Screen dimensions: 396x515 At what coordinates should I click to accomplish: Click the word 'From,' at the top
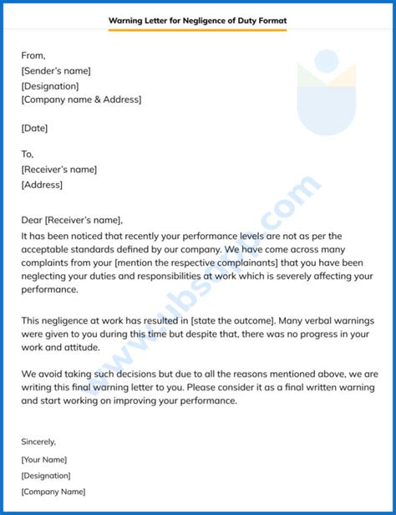pyautogui.click(x=34, y=56)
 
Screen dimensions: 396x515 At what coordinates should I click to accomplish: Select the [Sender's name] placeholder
pyautogui.click(x=57, y=70)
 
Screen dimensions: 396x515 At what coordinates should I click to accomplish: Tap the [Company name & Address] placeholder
pyautogui.click(x=82, y=99)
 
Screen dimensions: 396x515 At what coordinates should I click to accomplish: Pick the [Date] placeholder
pyautogui.click(x=35, y=128)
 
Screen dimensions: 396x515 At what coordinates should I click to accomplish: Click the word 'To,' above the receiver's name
pyautogui.click(x=28, y=155)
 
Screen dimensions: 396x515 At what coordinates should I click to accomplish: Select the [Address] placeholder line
pyautogui.click(x=43, y=184)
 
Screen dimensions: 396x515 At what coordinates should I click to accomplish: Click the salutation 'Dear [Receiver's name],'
pyautogui.click(x=72, y=221)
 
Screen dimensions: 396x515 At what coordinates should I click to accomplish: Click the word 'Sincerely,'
pyautogui.click(x=39, y=441)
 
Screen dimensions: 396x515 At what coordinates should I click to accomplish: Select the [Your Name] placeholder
pyautogui.click(x=44, y=459)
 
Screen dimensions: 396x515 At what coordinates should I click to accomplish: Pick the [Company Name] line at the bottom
pyautogui.click(x=53, y=492)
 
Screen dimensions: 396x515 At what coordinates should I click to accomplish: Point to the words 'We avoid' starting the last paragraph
pyautogui.click(x=41, y=374)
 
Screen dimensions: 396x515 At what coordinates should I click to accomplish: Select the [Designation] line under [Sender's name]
pyautogui.click(x=50, y=85)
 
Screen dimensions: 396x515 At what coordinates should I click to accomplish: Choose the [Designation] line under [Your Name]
pyautogui.click(x=47, y=475)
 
